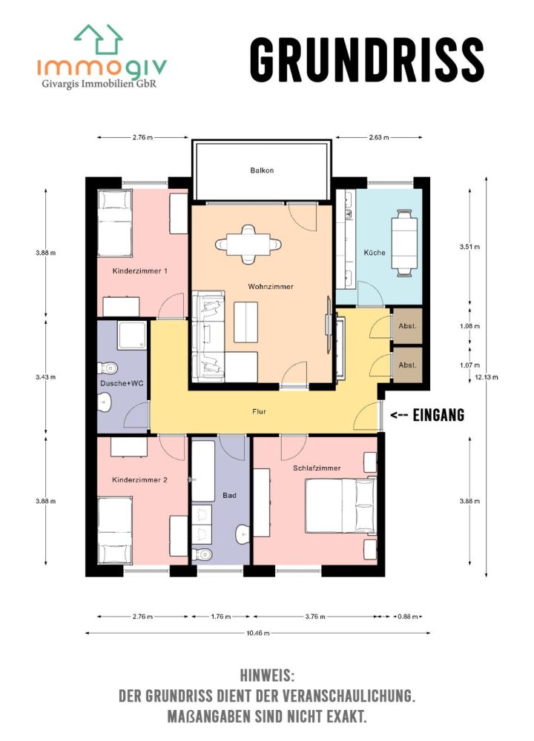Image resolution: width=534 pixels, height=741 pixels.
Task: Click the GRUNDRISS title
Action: click(x=366, y=59)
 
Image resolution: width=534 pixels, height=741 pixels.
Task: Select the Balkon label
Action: click(x=262, y=170)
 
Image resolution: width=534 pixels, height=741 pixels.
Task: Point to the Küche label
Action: click(x=374, y=253)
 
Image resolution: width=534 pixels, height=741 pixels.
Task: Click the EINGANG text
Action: click(x=438, y=416)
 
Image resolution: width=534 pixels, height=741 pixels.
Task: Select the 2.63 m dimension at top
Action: click(x=379, y=137)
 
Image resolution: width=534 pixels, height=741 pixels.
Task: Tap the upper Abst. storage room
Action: click(x=407, y=326)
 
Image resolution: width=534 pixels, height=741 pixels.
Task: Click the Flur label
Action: click(x=259, y=411)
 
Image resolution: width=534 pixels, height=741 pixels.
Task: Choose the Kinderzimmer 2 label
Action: click(x=139, y=480)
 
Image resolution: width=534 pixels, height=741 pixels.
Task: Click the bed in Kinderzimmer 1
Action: click(x=115, y=223)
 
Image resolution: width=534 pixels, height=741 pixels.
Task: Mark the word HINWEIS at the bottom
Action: click(x=267, y=676)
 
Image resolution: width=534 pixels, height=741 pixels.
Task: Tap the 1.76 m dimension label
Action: click(x=221, y=617)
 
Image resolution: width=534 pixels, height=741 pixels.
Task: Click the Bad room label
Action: click(x=229, y=495)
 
